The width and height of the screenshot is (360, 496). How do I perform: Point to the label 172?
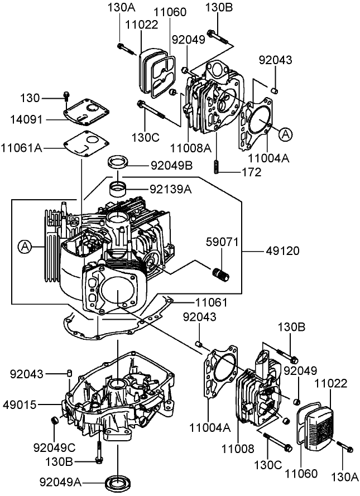click(x=252, y=172)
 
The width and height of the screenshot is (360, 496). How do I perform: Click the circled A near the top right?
click(x=285, y=134)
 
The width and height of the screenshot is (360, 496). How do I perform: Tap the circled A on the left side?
click(x=25, y=245)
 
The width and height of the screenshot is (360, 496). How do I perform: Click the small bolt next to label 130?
click(x=66, y=98)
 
